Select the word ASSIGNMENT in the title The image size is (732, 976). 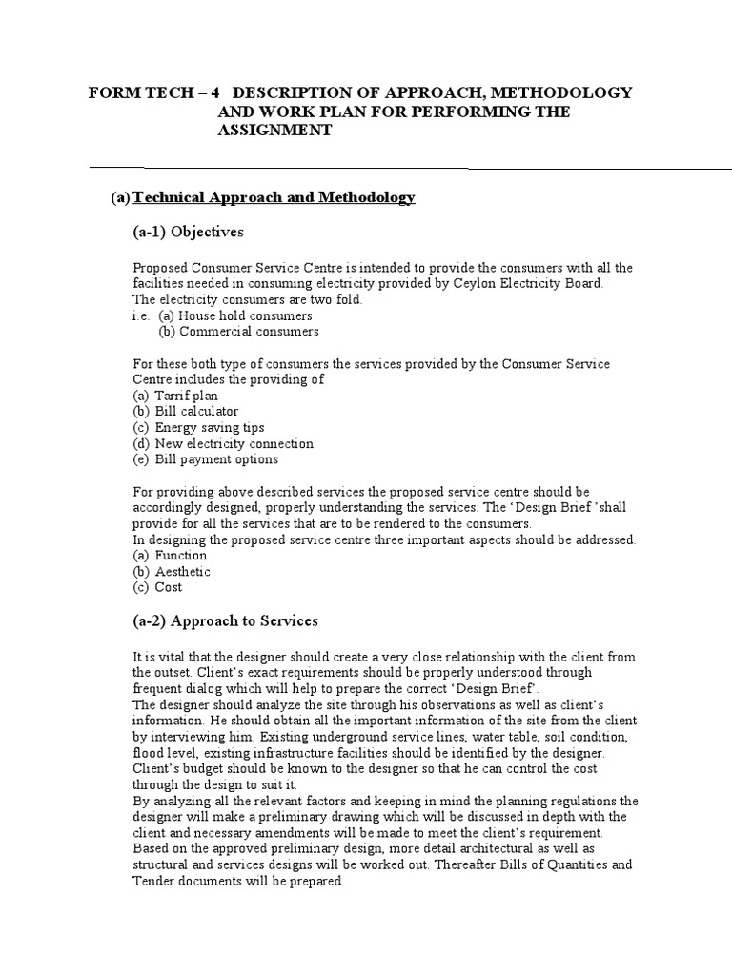[x=274, y=131]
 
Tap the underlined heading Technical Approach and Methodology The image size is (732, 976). [x=274, y=197]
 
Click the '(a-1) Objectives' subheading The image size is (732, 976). [x=188, y=232]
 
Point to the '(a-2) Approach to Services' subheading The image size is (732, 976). [x=225, y=620]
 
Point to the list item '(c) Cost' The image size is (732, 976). [x=157, y=587]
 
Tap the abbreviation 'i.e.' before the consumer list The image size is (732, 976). [x=140, y=315]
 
